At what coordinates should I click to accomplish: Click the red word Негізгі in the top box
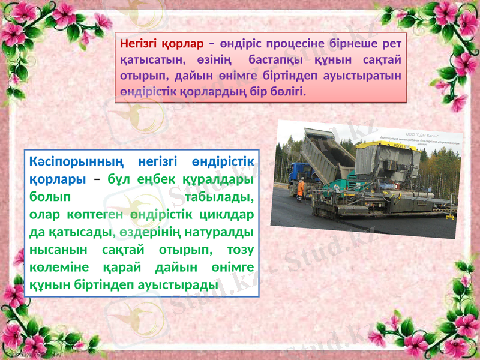(x=137, y=43)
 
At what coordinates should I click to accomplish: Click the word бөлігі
(x=286, y=93)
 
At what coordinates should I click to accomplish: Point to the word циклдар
(x=230, y=214)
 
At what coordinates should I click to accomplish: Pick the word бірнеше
(x=352, y=43)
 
